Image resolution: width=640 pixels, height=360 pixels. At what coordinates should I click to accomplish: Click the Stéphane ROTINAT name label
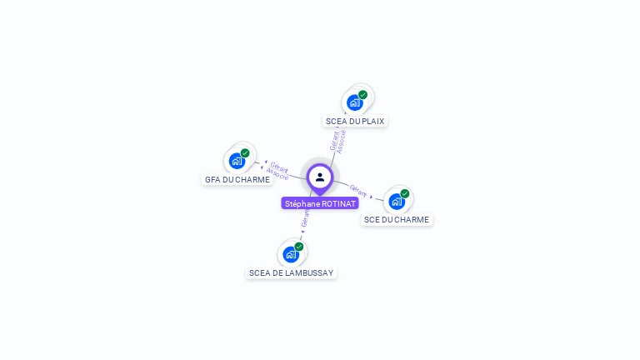(x=320, y=203)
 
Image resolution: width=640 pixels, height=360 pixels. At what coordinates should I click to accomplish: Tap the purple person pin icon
(x=320, y=177)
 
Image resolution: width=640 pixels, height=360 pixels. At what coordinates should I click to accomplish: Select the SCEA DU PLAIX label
(x=355, y=121)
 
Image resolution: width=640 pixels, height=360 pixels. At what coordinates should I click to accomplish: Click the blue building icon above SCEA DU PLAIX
(x=355, y=102)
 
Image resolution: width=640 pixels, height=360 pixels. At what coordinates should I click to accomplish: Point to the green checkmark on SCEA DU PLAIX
(x=363, y=94)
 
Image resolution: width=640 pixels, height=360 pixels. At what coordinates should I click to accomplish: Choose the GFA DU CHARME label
(x=237, y=179)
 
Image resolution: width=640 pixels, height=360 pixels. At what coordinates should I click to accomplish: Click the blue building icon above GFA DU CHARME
(x=237, y=161)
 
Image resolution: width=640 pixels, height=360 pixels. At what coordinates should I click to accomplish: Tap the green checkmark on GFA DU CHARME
(x=245, y=152)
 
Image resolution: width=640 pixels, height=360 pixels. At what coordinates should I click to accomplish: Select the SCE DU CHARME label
(x=397, y=220)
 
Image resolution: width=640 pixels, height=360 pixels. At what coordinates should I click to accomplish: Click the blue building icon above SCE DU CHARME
(x=397, y=202)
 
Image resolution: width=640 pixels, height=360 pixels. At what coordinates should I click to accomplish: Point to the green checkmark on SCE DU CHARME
(x=405, y=193)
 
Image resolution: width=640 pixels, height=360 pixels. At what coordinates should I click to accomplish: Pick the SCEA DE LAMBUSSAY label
(x=291, y=272)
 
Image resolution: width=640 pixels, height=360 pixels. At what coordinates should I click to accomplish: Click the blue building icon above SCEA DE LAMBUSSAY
(x=291, y=254)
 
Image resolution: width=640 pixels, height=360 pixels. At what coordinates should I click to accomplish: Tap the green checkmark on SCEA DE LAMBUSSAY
(x=299, y=246)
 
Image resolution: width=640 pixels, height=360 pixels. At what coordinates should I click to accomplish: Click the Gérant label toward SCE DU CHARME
(x=358, y=191)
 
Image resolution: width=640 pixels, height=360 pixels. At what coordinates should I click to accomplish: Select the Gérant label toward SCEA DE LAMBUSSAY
(x=305, y=219)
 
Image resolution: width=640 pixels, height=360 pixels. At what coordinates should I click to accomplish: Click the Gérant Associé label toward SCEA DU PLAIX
(x=337, y=141)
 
